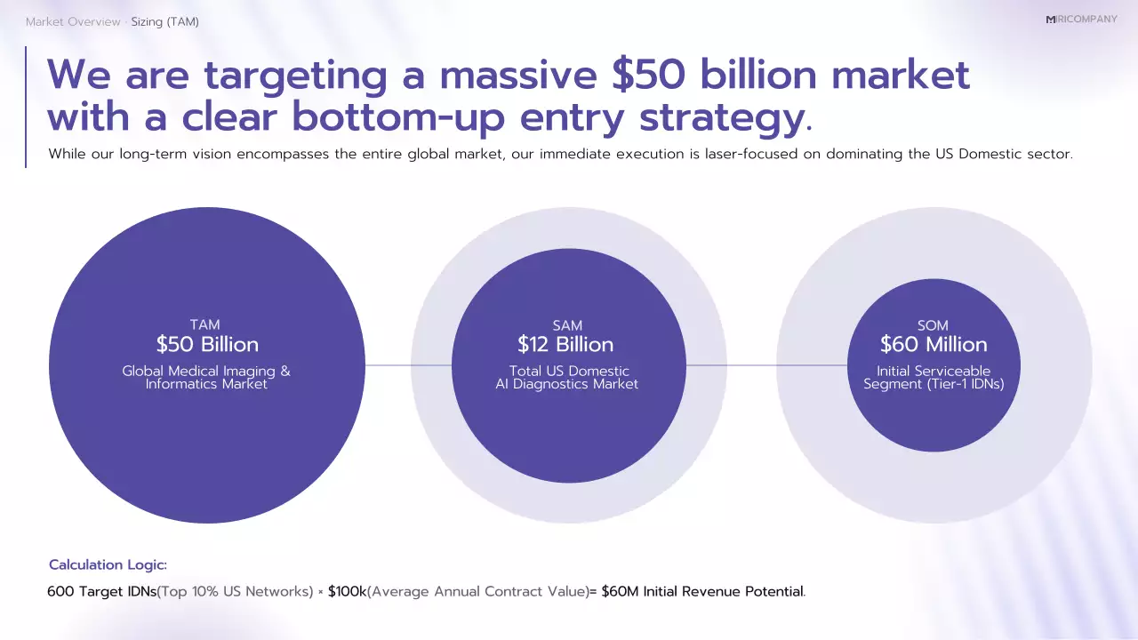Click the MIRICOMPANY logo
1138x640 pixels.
(1081, 20)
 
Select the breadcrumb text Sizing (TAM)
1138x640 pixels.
(164, 22)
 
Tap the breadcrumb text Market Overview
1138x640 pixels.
(73, 22)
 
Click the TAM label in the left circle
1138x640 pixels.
(205, 325)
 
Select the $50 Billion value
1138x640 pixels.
(207, 345)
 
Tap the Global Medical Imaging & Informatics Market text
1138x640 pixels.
(206, 378)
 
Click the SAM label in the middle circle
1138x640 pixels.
(567, 325)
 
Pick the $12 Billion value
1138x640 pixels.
(565, 345)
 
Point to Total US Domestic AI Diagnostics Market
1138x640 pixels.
(567, 378)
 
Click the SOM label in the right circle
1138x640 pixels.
(933, 325)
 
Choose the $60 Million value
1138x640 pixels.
(934, 345)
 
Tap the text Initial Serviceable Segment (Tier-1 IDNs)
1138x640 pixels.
(934, 378)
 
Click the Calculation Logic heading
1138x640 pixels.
(108, 565)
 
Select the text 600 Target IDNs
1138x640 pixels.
(101, 592)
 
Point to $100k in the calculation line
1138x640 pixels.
(347, 592)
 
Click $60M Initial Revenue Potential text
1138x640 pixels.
(701, 592)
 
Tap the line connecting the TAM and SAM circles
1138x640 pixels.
(408, 365)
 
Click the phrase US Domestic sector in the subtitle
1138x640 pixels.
(1014, 154)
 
